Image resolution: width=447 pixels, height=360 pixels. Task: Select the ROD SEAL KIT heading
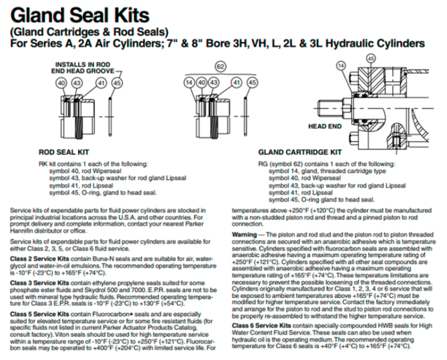click(x=64, y=152)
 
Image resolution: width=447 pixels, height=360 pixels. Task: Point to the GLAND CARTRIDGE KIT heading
click(x=299, y=152)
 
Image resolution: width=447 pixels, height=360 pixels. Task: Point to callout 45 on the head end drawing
click(x=370, y=58)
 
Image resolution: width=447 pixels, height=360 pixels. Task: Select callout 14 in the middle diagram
click(x=189, y=82)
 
